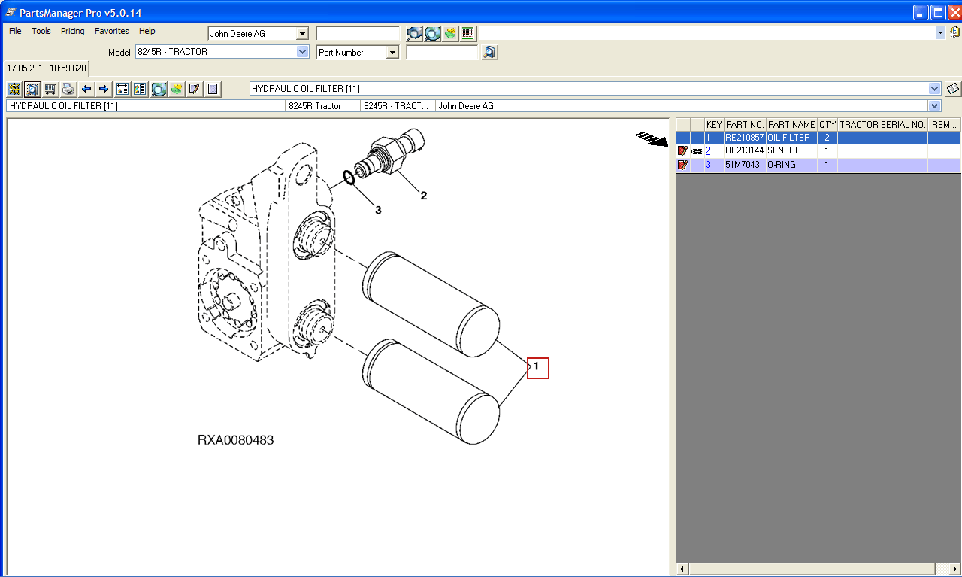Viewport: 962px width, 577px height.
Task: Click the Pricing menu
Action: [x=73, y=31]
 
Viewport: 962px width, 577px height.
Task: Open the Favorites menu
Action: [x=112, y=31]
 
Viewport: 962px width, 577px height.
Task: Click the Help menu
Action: [x=147, y=31]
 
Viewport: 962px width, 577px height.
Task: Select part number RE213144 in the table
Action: [x=744, y=150]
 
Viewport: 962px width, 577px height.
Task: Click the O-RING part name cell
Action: [x=781, y=165]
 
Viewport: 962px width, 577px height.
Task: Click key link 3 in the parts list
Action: [x=708, y=165]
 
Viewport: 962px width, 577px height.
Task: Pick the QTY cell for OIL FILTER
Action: [x=827, y=138]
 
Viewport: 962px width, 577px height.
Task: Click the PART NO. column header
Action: [x=745, y=125]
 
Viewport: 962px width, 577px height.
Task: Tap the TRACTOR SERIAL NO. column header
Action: [x=882, y=125]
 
